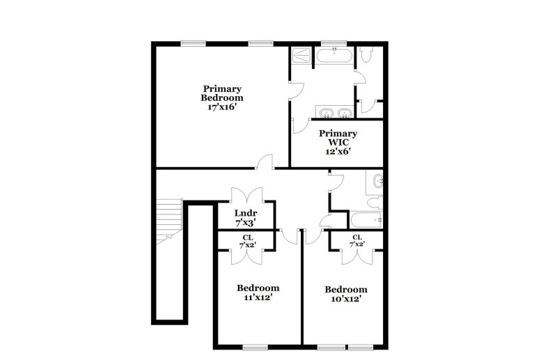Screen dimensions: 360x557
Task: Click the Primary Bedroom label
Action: pos(222,93)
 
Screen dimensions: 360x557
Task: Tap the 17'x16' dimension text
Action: pos(222,108)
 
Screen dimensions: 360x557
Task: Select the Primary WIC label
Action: pos(338,137)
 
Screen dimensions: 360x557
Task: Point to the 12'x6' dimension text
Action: pos(338,151)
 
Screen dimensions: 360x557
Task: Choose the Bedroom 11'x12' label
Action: pos(258,288)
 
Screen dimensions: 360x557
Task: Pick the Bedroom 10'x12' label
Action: pos(346,290)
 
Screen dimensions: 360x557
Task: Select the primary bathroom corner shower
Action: pos(302,56)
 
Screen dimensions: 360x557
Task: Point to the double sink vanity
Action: pos(336,114)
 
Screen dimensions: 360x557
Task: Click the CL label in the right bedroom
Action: pos(356,237)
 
